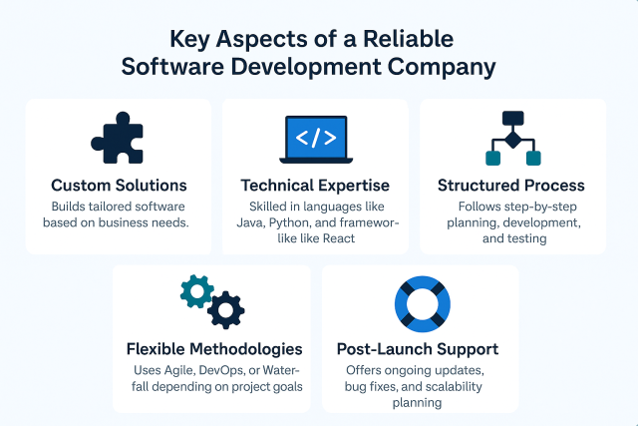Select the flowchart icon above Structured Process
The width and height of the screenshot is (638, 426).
(511, 138)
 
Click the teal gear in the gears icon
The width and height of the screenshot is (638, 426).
(195, 290)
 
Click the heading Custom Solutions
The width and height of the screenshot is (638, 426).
(119, 186)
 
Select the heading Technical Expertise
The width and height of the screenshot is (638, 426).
(315, 186)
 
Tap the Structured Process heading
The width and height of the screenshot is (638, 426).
(511, 186)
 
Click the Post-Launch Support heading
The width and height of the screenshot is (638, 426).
(419, 349)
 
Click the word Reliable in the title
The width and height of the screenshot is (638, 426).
(409, 40)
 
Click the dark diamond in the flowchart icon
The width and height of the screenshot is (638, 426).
(512, 138)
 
